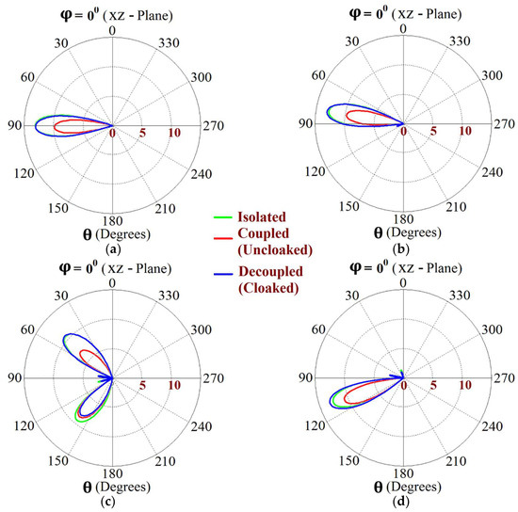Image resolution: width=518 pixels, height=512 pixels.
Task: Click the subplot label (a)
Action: [x=114, y=248]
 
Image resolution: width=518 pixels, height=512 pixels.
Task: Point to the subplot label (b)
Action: [x=403, y=248]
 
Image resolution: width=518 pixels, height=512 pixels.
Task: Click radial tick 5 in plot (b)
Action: [x=433, y=133]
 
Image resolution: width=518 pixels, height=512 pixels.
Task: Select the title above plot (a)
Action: [x=113, y=10]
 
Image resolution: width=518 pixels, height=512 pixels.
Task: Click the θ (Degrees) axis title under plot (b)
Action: [x=403, y=233]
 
